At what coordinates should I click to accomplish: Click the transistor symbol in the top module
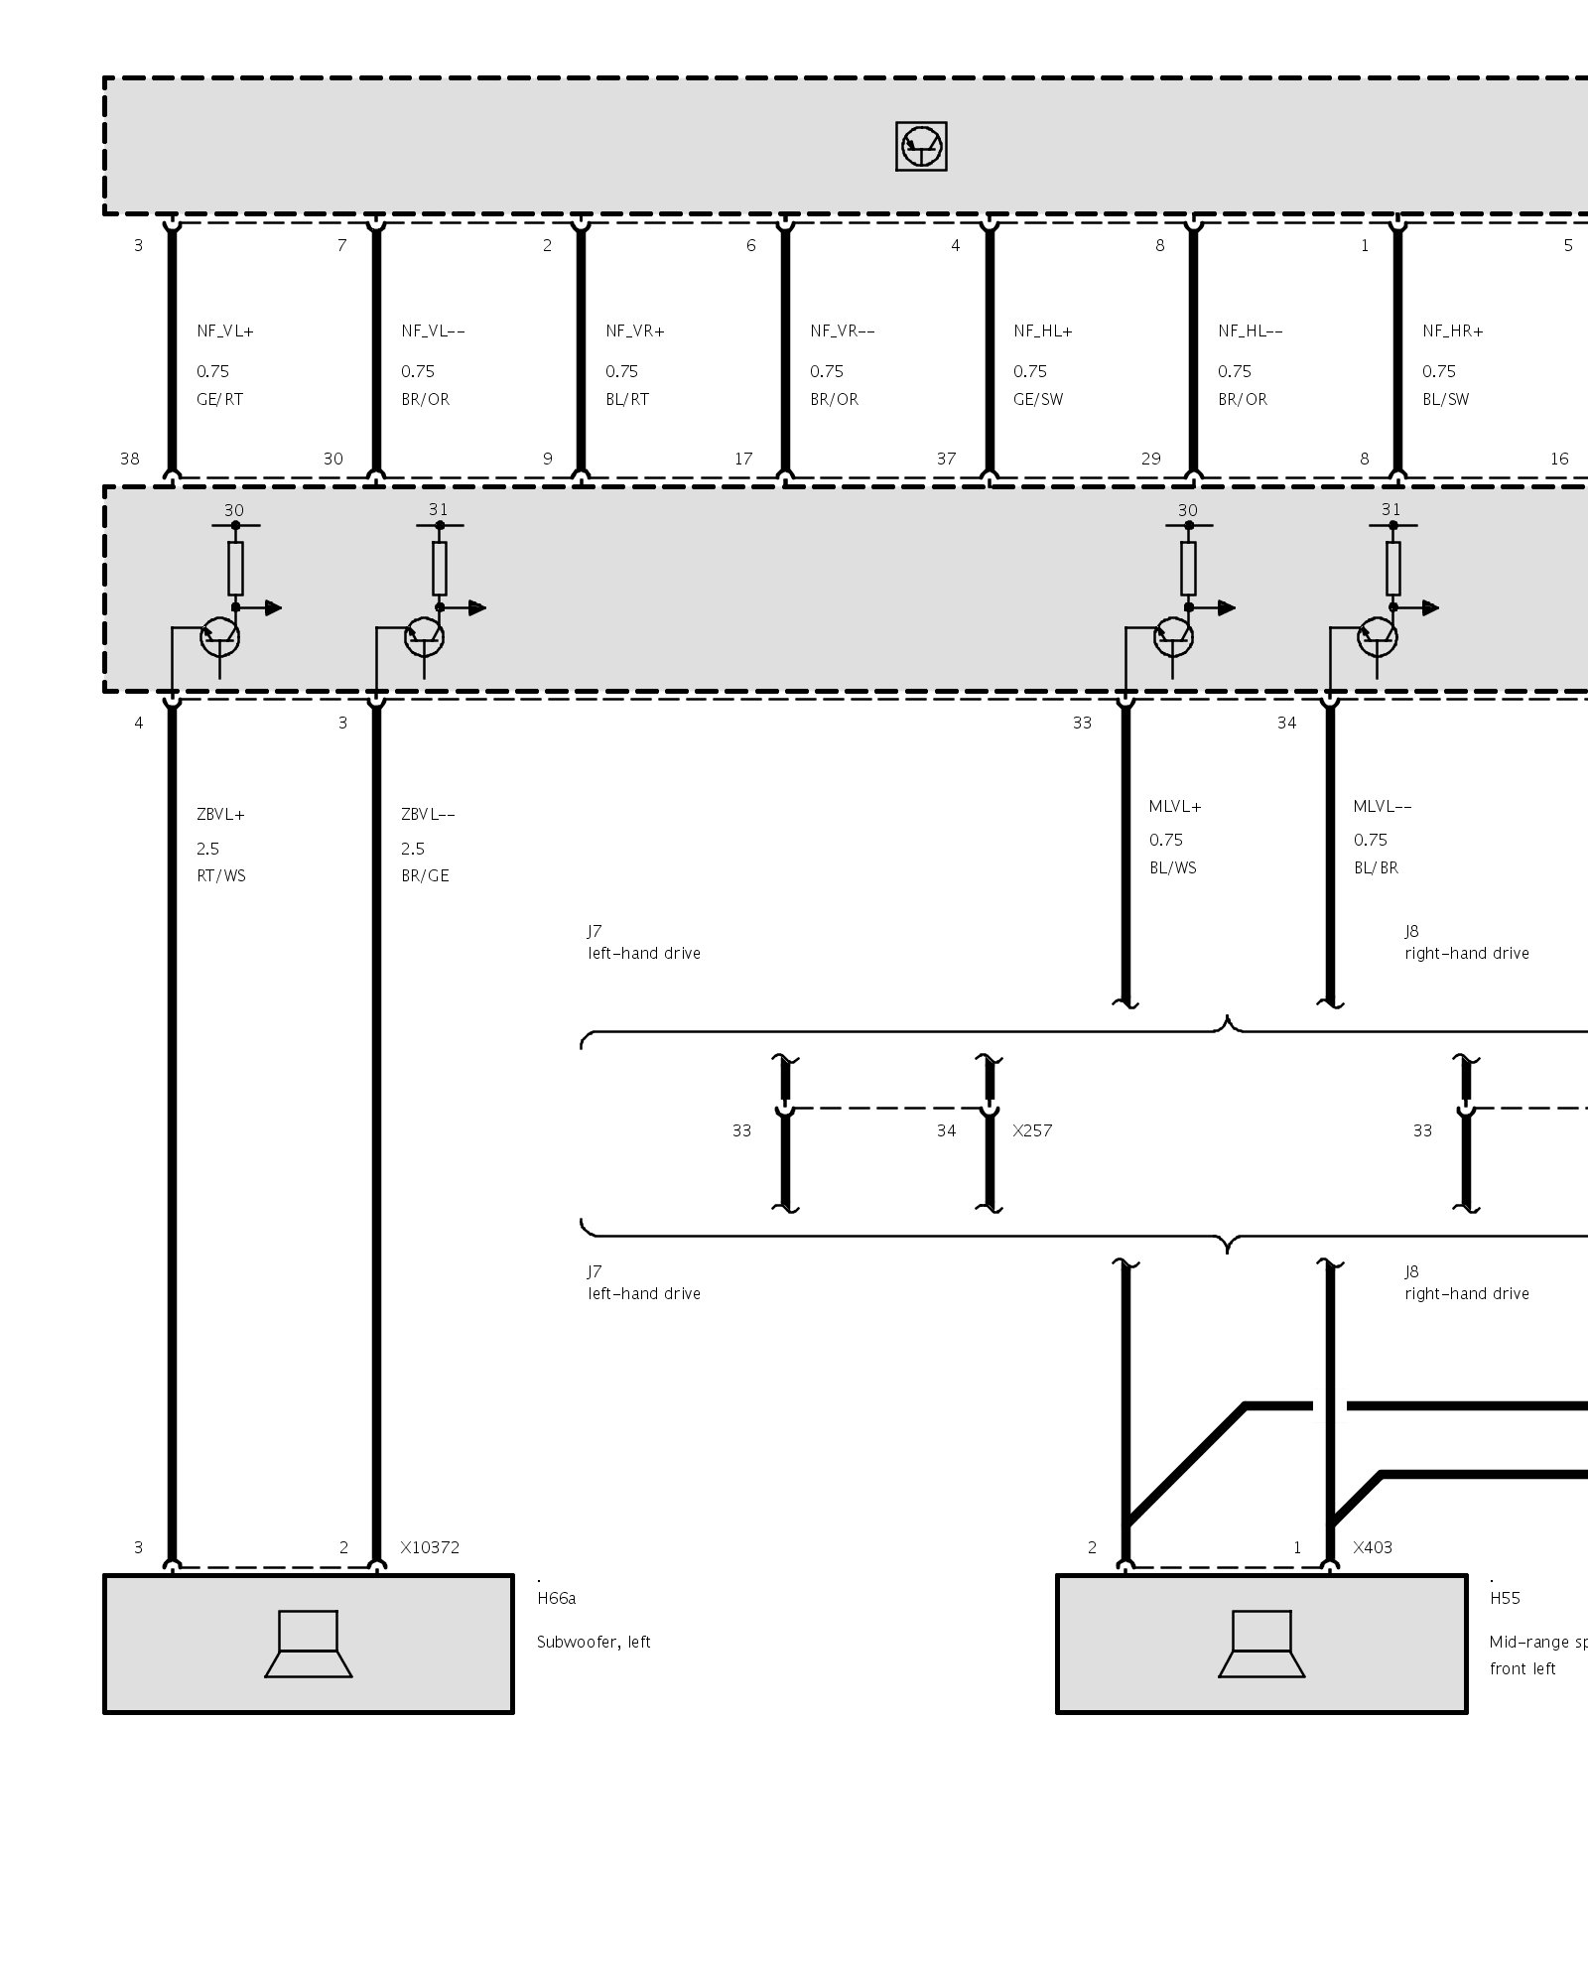pyautogui.click(x=921, y=147)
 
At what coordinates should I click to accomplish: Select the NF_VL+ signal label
pyautogui.click(x=225, y=331)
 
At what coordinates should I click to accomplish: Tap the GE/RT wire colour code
pyautogui.click(x=219, y=399)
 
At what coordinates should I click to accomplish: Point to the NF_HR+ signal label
pyautogui.click(x=1452, y=331)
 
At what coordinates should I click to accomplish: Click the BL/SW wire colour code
pyautogui.click(x=1445, y=399)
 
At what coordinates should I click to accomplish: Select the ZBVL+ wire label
pyautogui.click(x=220, y=815)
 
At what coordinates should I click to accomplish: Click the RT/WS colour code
pyautogui.click(x=220, y=875)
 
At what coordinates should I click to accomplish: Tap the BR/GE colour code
pyautogui.click(x=425, y=875)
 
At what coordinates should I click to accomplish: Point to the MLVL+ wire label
pyautogui.click(x=1175, y=807)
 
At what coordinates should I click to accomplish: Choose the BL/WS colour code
pyautogui.click(x=1173, y=867)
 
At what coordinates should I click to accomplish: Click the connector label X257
pyautogui.click(x=1032, y=1130)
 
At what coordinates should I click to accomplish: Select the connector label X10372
pyautogui.click(x=430, y=1547)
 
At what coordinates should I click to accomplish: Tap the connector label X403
pyautogui.click(x=1373, y=1547)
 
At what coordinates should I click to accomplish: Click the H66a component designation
pyautogui.click(x=556, y=1598)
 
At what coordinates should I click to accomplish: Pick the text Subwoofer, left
pyautogui.click(x=594, y=1642)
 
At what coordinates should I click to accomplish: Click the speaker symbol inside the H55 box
pyautogui.click(x=1261, y=1644)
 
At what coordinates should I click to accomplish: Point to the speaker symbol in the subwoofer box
pyautogui.click(x=308, y=1644)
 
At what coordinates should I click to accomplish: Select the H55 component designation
pyautogui.click(x=1505, y=1598)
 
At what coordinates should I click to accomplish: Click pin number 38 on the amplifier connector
pyautogui.click(x=129, y=459)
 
